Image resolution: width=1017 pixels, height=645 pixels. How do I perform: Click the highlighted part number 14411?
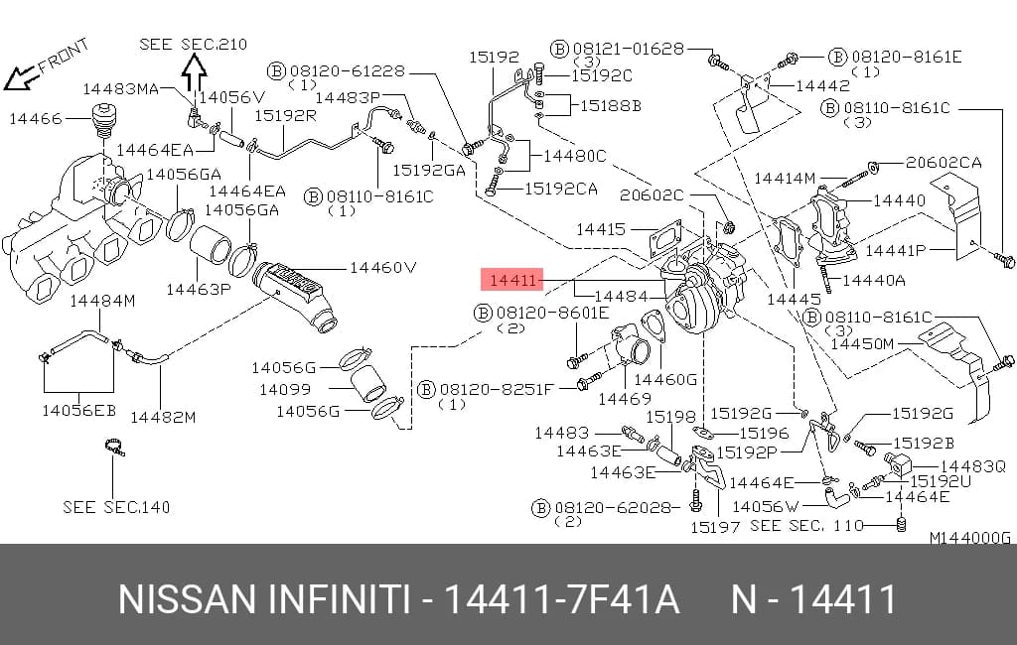tap(512, 280)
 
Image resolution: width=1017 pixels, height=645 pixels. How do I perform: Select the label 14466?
tap(36, 119)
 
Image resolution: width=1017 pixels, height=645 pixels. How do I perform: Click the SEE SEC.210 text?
tap(194, 44)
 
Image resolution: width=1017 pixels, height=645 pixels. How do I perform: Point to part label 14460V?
tap(382, 267)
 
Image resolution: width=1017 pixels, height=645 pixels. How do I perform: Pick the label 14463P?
tap(199, 289)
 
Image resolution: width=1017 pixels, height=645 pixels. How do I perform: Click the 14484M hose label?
tap(102, 300)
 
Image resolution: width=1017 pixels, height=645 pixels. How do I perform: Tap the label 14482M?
tap(163, 417)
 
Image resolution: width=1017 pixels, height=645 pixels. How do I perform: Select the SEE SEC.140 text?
tap(116, 507)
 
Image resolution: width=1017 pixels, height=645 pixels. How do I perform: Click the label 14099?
tap(285, 390)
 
